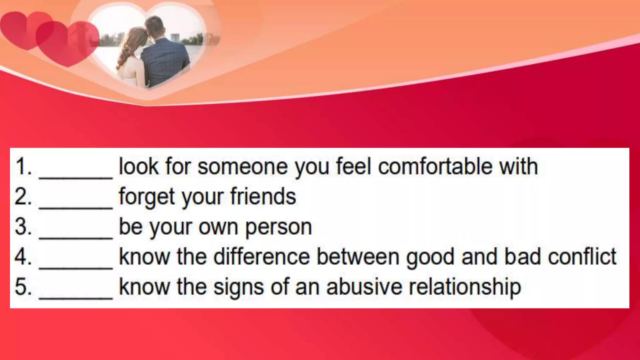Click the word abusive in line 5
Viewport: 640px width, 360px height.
point(364,287)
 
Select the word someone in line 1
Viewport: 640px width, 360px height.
point(242,166)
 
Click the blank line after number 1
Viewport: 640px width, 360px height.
point(76,177)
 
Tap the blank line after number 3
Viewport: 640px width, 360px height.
point(76,237)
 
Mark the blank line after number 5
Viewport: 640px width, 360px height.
point(76,297)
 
